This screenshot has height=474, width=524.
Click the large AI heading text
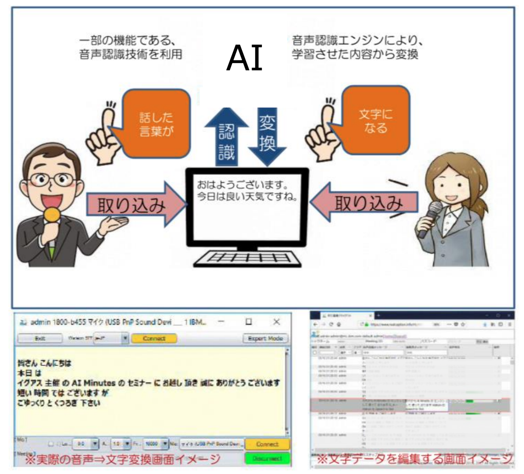point(245,59)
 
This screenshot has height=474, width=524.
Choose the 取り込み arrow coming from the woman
point(363,204)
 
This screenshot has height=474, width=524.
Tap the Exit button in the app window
point(40,338)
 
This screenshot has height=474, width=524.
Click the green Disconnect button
point(267,458)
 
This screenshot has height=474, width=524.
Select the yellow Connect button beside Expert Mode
point(154,338)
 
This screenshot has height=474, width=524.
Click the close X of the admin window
point(277,322)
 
